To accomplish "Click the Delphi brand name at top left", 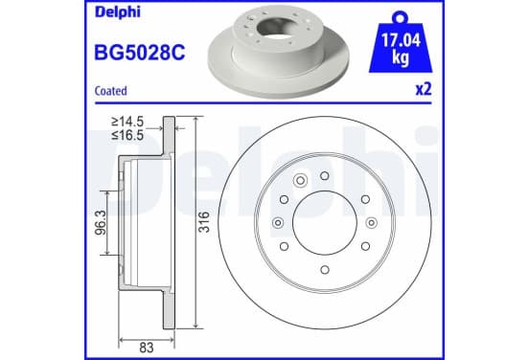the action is (x=118, y=12).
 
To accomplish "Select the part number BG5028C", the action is (x=140, y=53).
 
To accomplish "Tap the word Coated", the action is (x=110, y=91).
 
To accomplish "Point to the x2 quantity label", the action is (x=424, y=89).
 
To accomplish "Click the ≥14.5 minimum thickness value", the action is (x=127, y=122).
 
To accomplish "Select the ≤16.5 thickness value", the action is (x=127, y=135).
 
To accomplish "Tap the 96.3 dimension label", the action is (x=102, y=222).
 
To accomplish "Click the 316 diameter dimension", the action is (x=204, y=222).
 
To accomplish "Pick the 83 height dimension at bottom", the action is (x=147, y=348).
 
